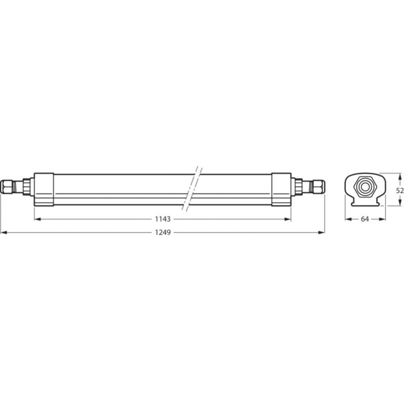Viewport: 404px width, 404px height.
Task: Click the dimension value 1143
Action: (x=162, y=219)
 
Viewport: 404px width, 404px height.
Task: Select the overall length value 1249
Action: (x=162, y=232)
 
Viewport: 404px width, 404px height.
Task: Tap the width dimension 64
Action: (x=364, y=219)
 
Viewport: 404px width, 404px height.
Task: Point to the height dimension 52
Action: (x=400, y=189)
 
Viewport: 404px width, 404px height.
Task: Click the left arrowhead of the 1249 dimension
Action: (x=3, y=232)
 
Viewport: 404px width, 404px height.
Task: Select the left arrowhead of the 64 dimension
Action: (x=347, y=219)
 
